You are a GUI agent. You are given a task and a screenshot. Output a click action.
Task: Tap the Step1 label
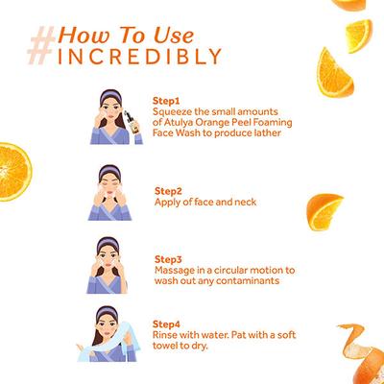point(166,99)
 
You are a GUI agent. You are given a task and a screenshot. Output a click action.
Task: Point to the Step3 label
point(167,258)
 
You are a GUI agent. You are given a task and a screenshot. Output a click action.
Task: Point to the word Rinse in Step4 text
point(165,334)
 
